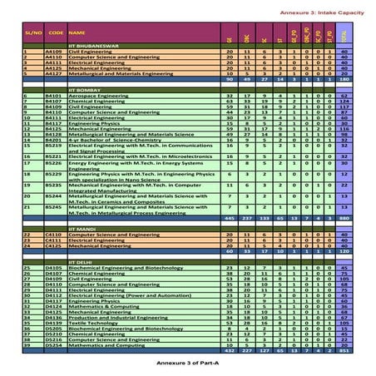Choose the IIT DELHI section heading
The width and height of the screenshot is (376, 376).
(84, 260)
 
